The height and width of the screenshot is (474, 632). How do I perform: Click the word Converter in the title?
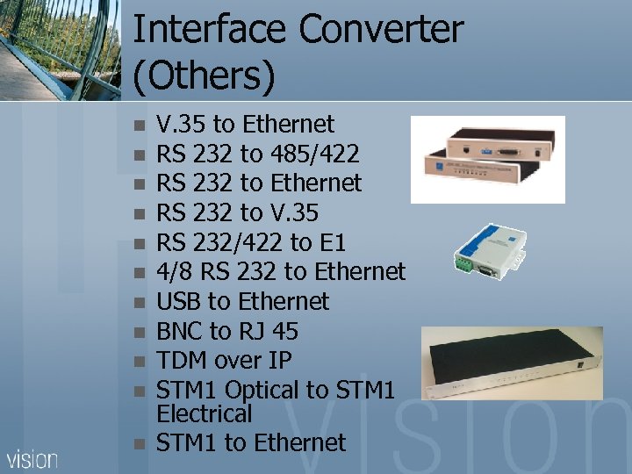coord(381,30)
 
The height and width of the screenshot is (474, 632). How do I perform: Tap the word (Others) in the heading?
coord(204,77)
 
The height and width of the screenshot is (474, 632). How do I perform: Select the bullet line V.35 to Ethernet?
coord(245,125)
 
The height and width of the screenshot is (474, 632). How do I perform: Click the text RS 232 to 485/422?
coord(257,154)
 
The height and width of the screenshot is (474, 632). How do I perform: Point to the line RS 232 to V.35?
coord(237,212)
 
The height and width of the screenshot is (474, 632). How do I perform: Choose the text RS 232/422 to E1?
coord(250,242)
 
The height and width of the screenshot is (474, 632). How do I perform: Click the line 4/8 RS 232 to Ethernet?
coord(280,272)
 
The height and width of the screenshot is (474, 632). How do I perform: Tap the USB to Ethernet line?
coord(242,302)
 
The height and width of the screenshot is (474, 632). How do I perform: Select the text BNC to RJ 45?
coord(226,331)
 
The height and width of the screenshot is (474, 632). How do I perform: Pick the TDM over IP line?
coord(223,360)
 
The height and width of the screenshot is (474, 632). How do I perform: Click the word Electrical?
coord(204,413)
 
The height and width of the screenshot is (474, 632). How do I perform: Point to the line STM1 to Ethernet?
coord(251,442)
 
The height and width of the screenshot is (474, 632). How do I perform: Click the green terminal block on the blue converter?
coord(464,262)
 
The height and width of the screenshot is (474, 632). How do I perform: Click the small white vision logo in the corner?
coord(32,458)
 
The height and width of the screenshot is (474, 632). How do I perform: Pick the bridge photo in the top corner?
coord(60,48)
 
